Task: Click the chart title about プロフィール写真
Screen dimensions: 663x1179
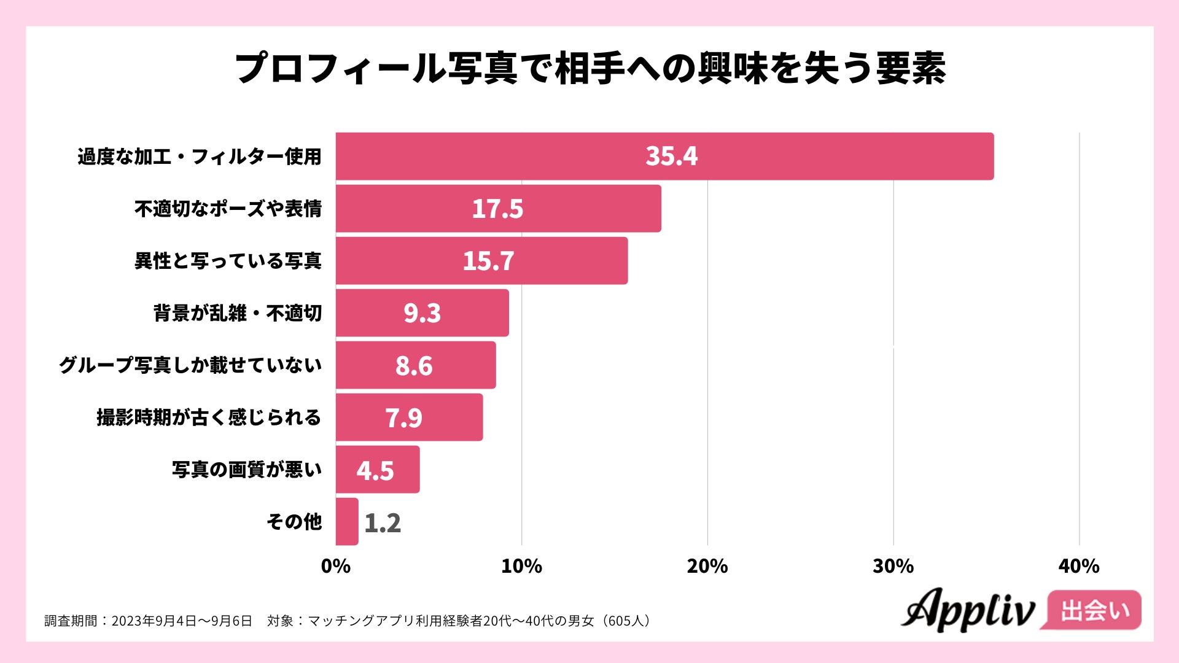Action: (x=589, y=68)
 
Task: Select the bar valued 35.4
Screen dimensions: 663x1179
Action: (x=664, y=156)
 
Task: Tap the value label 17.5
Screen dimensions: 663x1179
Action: (x=497, y=209)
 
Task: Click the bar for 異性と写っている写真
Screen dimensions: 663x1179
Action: (x=481, y=261)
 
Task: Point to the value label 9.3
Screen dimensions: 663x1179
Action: (x=422, y=313)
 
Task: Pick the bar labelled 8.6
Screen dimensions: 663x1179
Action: (x=416, y=365)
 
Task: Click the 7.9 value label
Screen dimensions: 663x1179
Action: (x=403, y=418)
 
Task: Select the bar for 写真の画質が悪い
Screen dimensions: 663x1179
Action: (x=378, y=470)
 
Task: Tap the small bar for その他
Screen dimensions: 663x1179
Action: (x=347, y=522)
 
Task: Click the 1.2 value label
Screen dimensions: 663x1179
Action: (x=382, y=523)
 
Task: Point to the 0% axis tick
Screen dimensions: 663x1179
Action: (x=336, y=566)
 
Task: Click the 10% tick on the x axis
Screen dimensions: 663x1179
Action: (x=521, y=566)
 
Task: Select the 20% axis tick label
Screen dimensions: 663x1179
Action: (x=707, y=566)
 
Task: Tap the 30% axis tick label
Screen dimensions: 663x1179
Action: (x=893, y=566)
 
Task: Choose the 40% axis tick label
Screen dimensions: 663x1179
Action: (x=1079, y=566)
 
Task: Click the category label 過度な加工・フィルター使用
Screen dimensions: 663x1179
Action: (x=200, y=157)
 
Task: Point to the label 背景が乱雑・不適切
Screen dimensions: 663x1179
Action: (x=238, y=313)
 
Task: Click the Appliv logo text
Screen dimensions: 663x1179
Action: (x=968, y=610)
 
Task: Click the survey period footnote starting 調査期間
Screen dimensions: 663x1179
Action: (x=348, y=621)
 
